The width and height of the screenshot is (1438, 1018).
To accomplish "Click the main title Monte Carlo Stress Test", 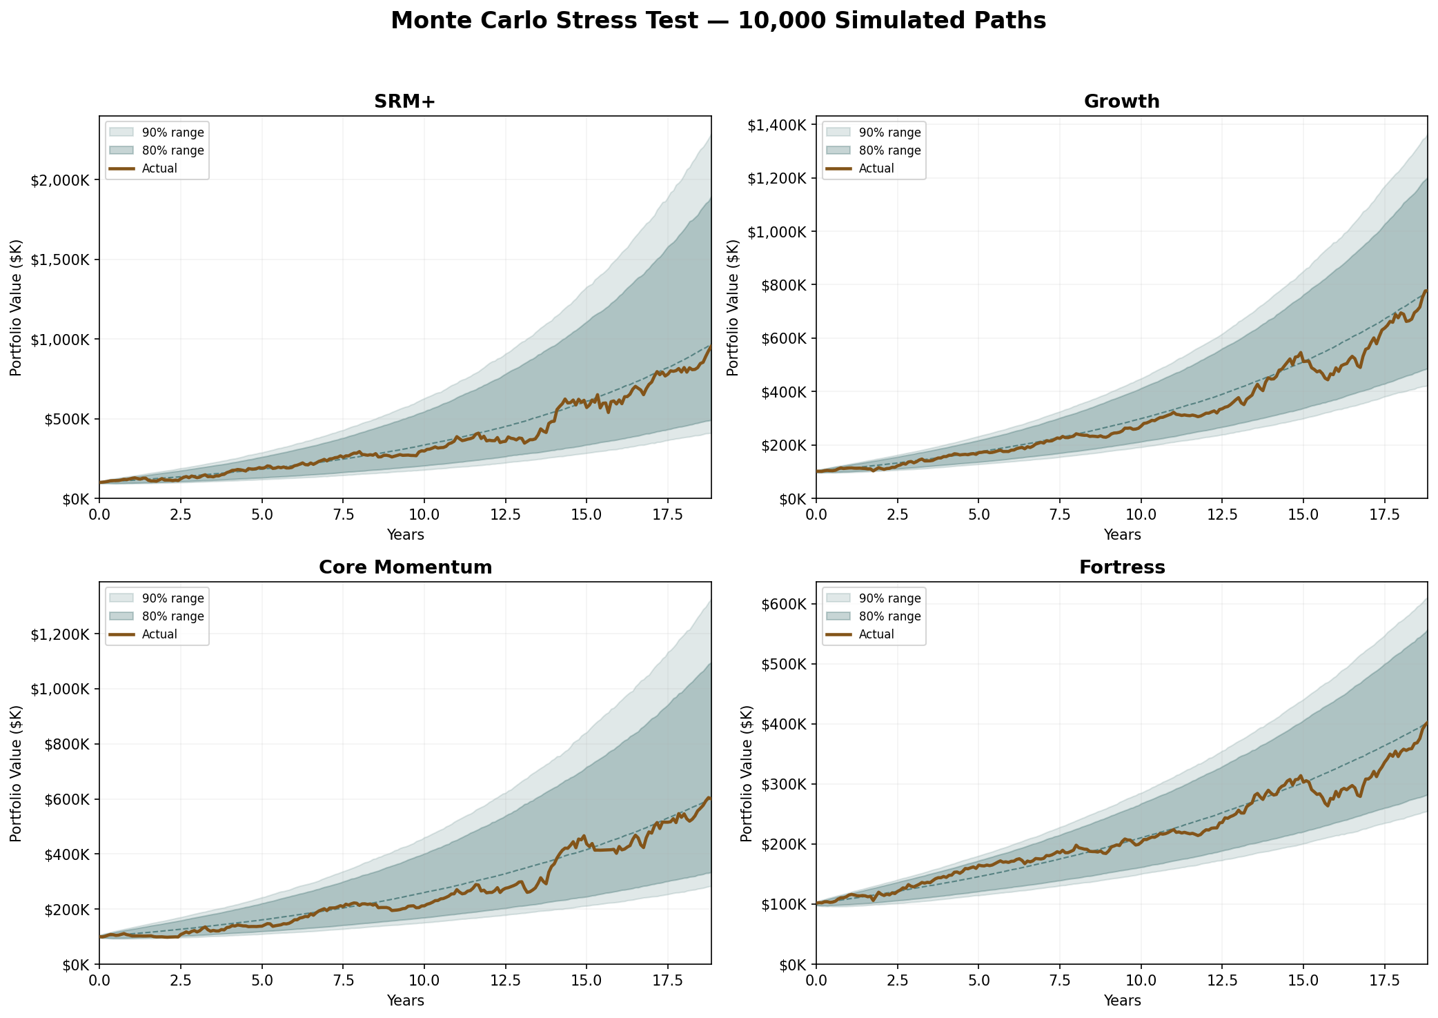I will [718, 21].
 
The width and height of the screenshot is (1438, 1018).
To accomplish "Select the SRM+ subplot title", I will [405, 102].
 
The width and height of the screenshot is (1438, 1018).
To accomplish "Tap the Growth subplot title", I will [1121, 102].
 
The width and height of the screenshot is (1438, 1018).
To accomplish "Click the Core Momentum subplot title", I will [405, 568].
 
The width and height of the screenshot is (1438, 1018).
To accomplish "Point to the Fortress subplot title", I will [1121, 568].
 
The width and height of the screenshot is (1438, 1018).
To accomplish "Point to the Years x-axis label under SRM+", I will [405, 535].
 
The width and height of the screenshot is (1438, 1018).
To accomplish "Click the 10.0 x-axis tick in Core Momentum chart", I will [424, 981].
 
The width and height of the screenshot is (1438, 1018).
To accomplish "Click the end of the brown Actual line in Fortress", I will [1426, 723].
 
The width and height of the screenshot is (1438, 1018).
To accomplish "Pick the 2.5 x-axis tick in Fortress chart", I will [897, 981].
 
